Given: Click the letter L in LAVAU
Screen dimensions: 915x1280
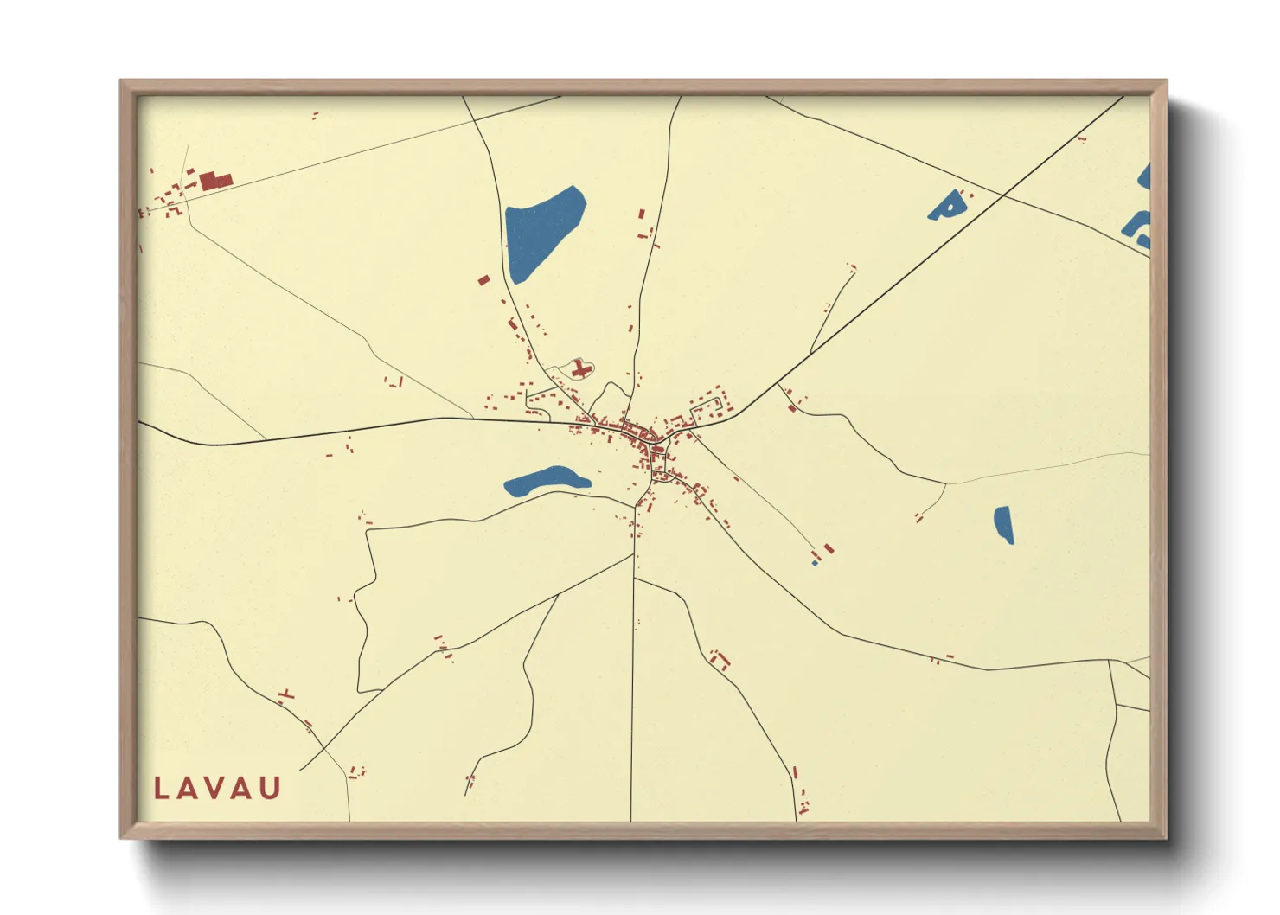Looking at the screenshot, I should tap(161, 788).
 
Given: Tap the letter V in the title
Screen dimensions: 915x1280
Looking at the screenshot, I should tap(216, 788).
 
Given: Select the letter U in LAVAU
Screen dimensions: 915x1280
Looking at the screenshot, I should tap(271, 788).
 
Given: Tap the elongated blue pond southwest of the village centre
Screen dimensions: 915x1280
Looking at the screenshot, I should tap(545, 480).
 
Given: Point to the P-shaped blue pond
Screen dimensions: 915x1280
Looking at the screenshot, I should tap(946, 206).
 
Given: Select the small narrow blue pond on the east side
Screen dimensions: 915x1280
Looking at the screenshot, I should tap(1003, 524).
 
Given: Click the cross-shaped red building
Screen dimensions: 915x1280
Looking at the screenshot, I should tap(580, 369).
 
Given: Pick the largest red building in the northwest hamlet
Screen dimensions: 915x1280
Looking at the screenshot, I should tap(215, 181).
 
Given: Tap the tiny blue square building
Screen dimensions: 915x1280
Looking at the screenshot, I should tap(815, 563).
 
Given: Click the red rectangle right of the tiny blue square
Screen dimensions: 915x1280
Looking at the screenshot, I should tap(829, 548).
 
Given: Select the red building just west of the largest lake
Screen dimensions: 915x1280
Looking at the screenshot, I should tap(483, 279).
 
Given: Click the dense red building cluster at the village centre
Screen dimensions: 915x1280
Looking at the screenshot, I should tap(643, 437).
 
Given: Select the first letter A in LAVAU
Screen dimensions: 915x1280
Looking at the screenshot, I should tap(189, 788).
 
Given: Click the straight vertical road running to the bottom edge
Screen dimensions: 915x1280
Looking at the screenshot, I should tap(632, 709).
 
